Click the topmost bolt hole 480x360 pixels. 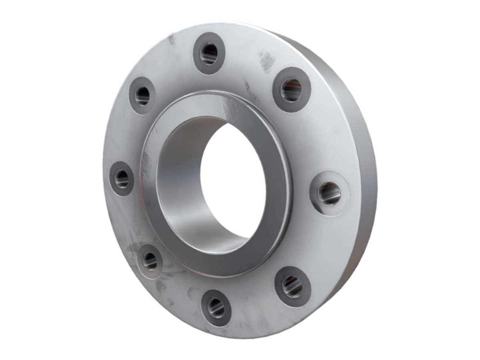click(209, 54)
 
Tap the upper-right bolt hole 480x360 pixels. click(292, 90)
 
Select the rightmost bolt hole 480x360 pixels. click(330, 194)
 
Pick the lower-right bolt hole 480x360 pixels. click(293, 286)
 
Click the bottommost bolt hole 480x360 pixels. click(216, 308)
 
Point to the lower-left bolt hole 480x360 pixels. click(150, 261)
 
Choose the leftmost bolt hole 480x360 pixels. click(122, 179)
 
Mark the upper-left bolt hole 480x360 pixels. click(142, 96)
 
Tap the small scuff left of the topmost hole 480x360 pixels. click(172, 39)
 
